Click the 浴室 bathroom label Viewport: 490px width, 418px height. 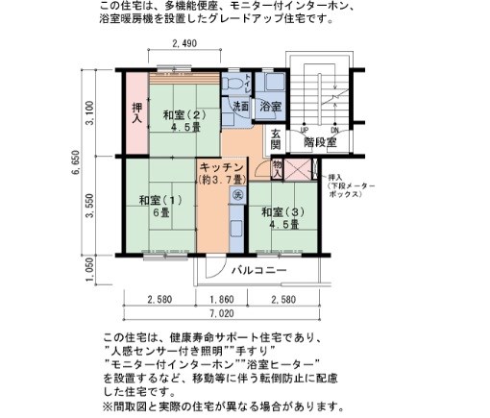pos(270,106)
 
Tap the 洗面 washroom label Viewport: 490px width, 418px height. pos(240,106)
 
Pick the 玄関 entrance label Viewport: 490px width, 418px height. pos(275,139)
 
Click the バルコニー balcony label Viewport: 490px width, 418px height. pos(258,272)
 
